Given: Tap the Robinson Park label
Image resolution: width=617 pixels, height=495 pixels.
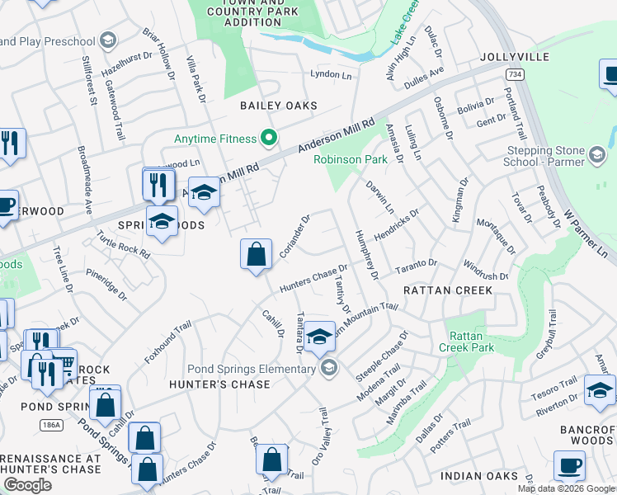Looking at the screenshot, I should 351,159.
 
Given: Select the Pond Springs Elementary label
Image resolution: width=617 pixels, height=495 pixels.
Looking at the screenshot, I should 252,368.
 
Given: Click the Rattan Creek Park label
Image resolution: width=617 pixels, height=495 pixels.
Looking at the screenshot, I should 470,342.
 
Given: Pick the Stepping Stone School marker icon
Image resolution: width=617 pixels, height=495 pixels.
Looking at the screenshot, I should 597,154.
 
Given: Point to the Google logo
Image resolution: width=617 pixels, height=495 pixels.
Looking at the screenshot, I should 27,485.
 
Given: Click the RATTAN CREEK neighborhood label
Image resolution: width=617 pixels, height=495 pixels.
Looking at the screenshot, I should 448,290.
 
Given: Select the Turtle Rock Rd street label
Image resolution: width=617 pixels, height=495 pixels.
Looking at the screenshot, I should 123,245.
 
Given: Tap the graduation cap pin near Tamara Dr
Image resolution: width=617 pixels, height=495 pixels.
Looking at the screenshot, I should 319,336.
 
